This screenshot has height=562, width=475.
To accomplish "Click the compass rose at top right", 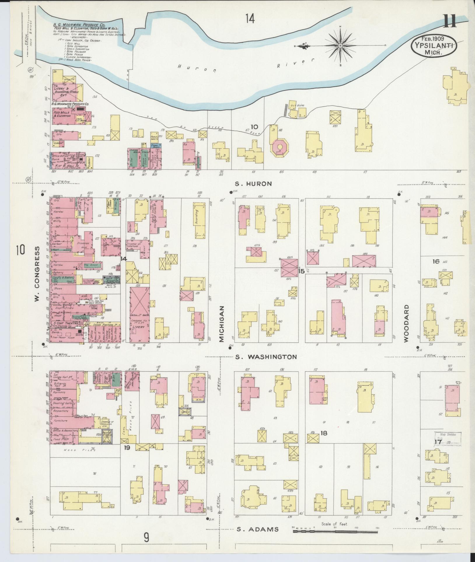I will pyautogui.click(x=340, y=46).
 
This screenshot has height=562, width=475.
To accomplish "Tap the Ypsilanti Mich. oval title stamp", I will pyautogui.click(x=434, y=46).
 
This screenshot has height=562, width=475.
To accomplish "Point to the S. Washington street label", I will pyautogui.click(x=266, y=357).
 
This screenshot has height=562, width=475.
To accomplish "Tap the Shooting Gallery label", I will pyautogui.click(x=63, y=403).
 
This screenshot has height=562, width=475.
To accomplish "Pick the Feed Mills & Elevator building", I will pyautogui.click(x=62, y=114).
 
